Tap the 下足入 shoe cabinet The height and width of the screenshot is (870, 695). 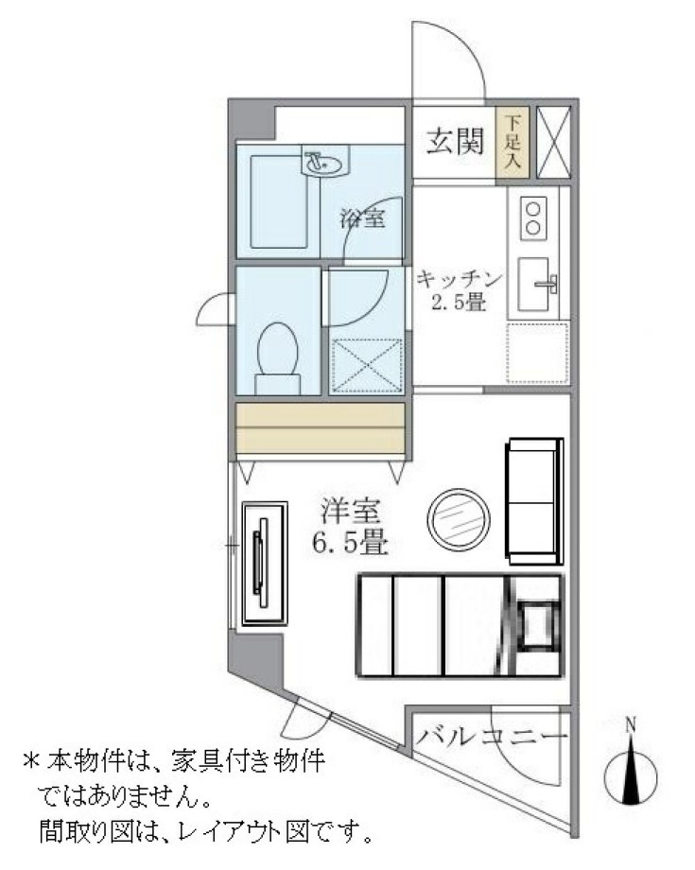(513, 142)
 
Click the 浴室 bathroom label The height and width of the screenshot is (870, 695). (362, 219)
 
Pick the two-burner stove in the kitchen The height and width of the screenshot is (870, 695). (533, 217)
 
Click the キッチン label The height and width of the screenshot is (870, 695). (457, 280)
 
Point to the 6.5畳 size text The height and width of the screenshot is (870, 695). (350, 544)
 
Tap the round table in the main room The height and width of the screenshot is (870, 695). (460, 519)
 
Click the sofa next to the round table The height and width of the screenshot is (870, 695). (533, 501)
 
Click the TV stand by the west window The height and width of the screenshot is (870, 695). (264, 562)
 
